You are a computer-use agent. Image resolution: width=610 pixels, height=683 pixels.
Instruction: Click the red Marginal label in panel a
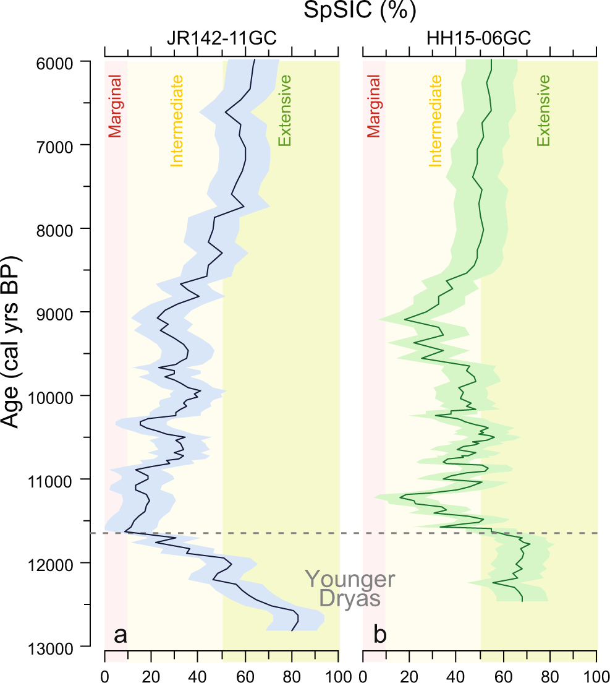click(116, 106)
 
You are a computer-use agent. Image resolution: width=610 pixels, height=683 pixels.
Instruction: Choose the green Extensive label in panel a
click(285, 111)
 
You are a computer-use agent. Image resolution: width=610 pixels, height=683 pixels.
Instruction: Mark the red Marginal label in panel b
click(373, 106)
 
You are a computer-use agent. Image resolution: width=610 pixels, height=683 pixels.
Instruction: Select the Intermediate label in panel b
click(436, 121)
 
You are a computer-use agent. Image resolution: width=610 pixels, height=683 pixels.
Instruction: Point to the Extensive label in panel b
click(543, 111)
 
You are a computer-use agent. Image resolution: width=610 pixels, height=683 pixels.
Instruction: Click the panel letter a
click(121, 635)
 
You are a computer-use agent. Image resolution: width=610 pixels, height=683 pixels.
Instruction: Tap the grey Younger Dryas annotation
click(350, 588)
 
